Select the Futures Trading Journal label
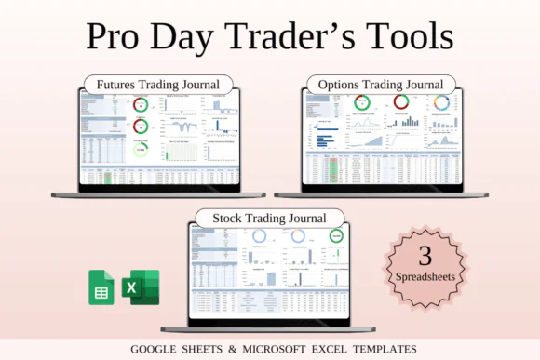click(x=158, y=84)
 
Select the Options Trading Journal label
click(x=382, y=84)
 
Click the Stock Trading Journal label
click(x=269, y=219)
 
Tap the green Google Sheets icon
click(x=101, y=287)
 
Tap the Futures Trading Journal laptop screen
click(x=158, y=138)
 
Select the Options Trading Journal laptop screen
click(x=382, y=138)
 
